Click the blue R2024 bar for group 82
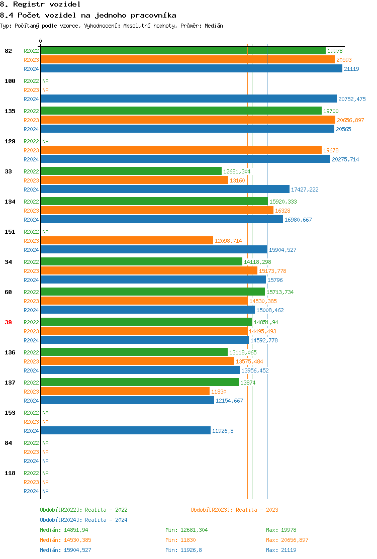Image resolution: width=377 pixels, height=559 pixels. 191,69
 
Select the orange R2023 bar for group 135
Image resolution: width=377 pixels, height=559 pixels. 187,120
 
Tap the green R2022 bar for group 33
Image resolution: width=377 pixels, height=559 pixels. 131,171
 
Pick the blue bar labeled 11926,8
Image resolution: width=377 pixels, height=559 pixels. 125,431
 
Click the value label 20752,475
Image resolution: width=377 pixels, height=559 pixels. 352,99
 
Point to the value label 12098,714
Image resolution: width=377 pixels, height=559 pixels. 228,241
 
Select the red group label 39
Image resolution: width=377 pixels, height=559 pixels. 8,322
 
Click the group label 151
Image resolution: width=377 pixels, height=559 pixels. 10,232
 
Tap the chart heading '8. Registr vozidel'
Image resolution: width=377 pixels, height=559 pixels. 40,4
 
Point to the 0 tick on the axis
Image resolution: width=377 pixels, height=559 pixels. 41,41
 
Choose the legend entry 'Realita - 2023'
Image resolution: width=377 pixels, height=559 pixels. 234,510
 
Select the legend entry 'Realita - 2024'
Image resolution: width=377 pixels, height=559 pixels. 83,520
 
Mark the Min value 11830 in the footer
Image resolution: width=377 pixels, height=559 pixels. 187,540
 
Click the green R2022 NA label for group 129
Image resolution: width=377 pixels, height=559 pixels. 45,141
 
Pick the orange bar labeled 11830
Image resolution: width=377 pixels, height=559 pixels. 125,392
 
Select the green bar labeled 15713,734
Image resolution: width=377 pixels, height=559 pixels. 152,292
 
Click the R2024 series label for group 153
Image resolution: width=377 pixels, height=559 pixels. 31,431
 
